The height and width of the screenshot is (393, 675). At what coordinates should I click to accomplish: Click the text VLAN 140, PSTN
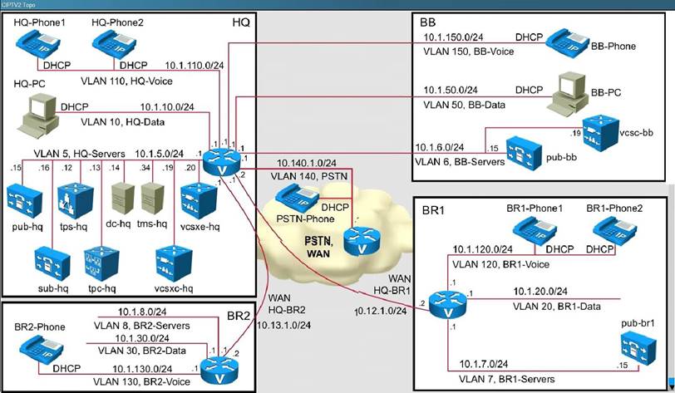(301, 177)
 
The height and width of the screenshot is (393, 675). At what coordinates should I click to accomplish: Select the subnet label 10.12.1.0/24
(376, 311)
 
